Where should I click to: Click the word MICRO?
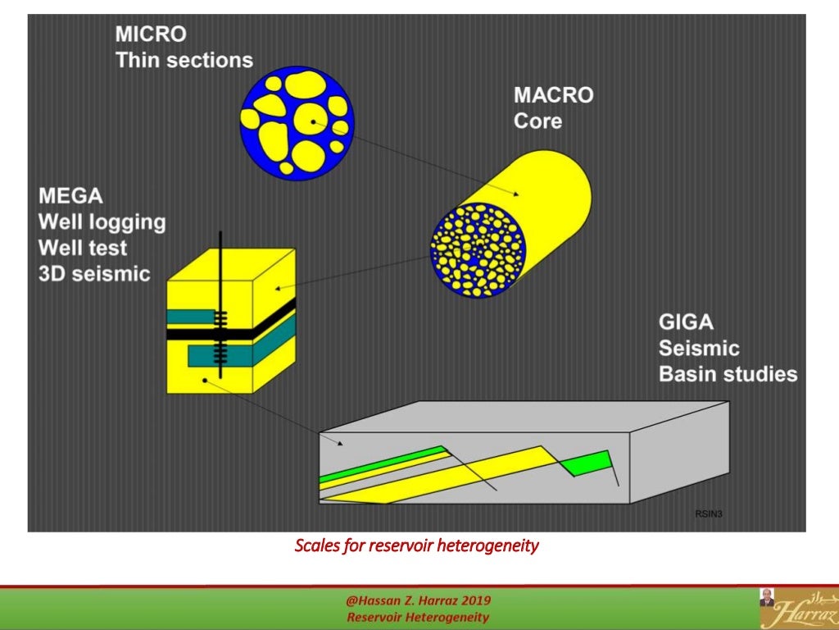(x=151, y=34)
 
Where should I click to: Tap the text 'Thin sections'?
(x=184, y=60)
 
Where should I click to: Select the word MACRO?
(x=553, y=95)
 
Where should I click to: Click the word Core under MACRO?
(x=537, y=121)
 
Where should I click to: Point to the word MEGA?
(x=70, y=196)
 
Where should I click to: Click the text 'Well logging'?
(x=102, y=221)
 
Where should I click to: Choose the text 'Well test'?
(x=83, y=247)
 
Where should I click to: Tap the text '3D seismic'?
(x=94, y=272)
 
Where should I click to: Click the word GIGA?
(x=686, y=322)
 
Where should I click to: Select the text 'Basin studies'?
(x=728, y=374)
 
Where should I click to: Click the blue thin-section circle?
(x=297, y=123)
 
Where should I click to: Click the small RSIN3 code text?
(x=709, y=514)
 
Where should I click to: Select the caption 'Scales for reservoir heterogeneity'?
(x=416, y=545)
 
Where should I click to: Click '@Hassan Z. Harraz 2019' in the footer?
(x=419, y=601)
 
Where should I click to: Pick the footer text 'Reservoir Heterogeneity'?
(x=418, y=617)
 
